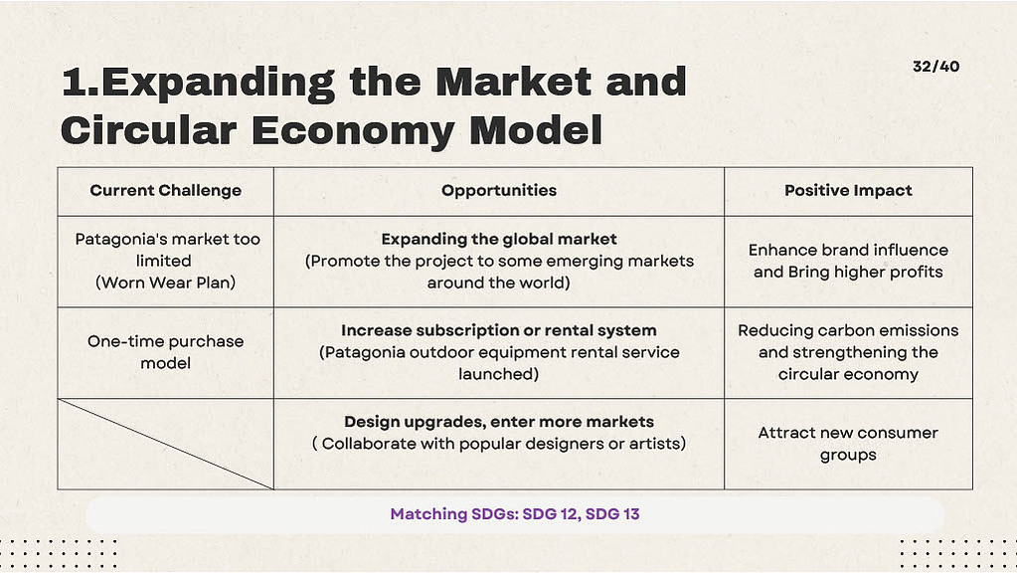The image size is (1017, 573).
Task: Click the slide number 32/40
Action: pos(935,67)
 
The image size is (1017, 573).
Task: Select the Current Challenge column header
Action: pos(165,190)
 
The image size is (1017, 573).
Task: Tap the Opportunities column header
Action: pos(499,190)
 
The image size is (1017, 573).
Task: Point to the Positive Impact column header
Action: pos(848,190)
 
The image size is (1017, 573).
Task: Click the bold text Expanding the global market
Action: pos(499,239)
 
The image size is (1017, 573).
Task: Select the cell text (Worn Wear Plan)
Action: pos(165,283)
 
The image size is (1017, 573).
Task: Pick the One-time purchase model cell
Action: pos(165,352)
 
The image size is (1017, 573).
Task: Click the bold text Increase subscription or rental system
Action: pos(499,330)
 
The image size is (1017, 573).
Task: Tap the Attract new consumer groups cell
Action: pos(848,444)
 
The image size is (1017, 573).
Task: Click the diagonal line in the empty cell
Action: pos(165,444)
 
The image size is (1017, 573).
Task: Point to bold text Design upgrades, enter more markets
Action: pos(499,422)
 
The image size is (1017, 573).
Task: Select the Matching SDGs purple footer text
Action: pos(515,514)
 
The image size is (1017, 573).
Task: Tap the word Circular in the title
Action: pos(148,129)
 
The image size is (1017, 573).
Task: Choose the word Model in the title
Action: pos(536,129)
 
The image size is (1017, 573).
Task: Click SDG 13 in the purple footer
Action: pos(612,514)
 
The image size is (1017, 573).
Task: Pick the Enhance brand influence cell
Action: pos(848,261)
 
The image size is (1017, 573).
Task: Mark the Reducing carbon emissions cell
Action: pos(848,352)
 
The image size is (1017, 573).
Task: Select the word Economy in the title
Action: pos(352,131)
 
